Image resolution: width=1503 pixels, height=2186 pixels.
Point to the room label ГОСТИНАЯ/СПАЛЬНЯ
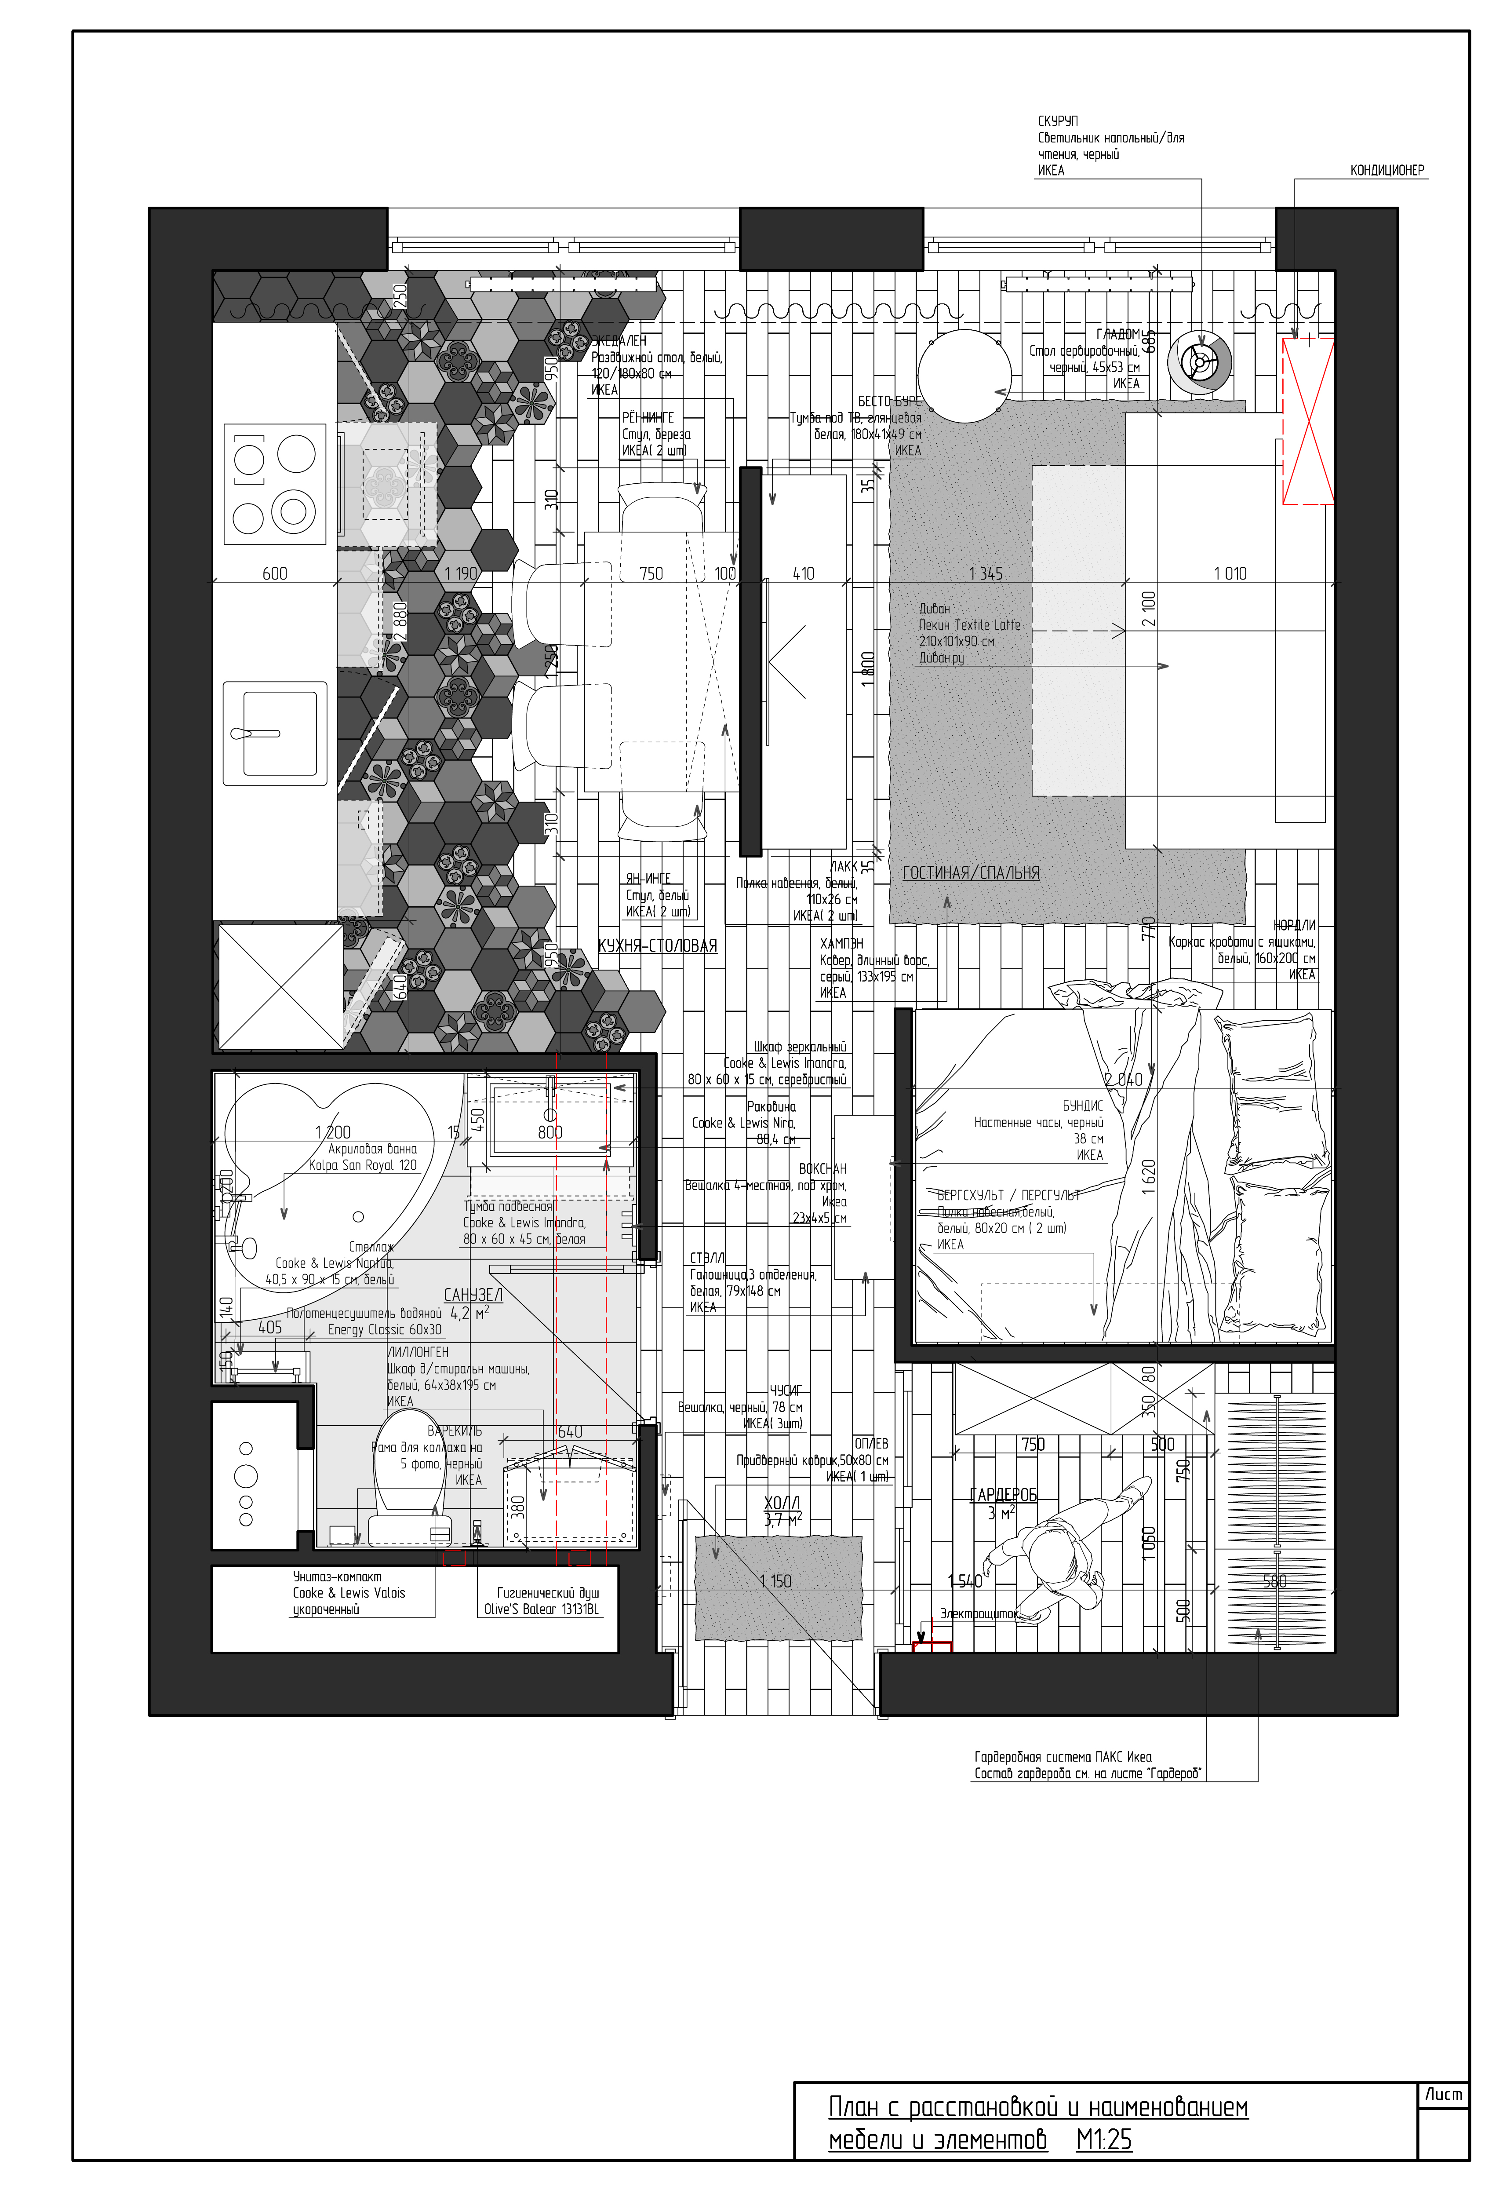pyautogui.click(x=970, y=873)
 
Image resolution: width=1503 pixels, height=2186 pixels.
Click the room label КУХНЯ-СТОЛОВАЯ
pyautogui.click(x=657, y=945)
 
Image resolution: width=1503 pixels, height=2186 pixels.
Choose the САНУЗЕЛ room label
pyautogui.click(x=473, y=1295)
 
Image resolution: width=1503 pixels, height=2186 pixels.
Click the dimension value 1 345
pyautogui.click(x=985, y=573)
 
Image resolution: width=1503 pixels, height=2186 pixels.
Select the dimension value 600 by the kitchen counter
pyautogui.click(x=275, y=573)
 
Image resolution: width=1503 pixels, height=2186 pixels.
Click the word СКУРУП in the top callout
pyautogui.click(x=1058, y=121)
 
